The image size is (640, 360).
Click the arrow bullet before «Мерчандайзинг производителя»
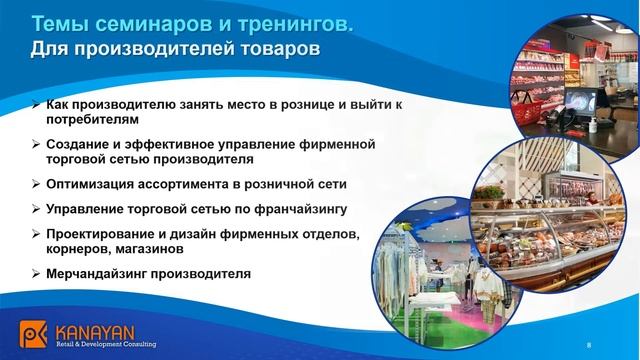(36, 274)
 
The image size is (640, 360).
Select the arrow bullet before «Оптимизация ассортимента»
(36, 184)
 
